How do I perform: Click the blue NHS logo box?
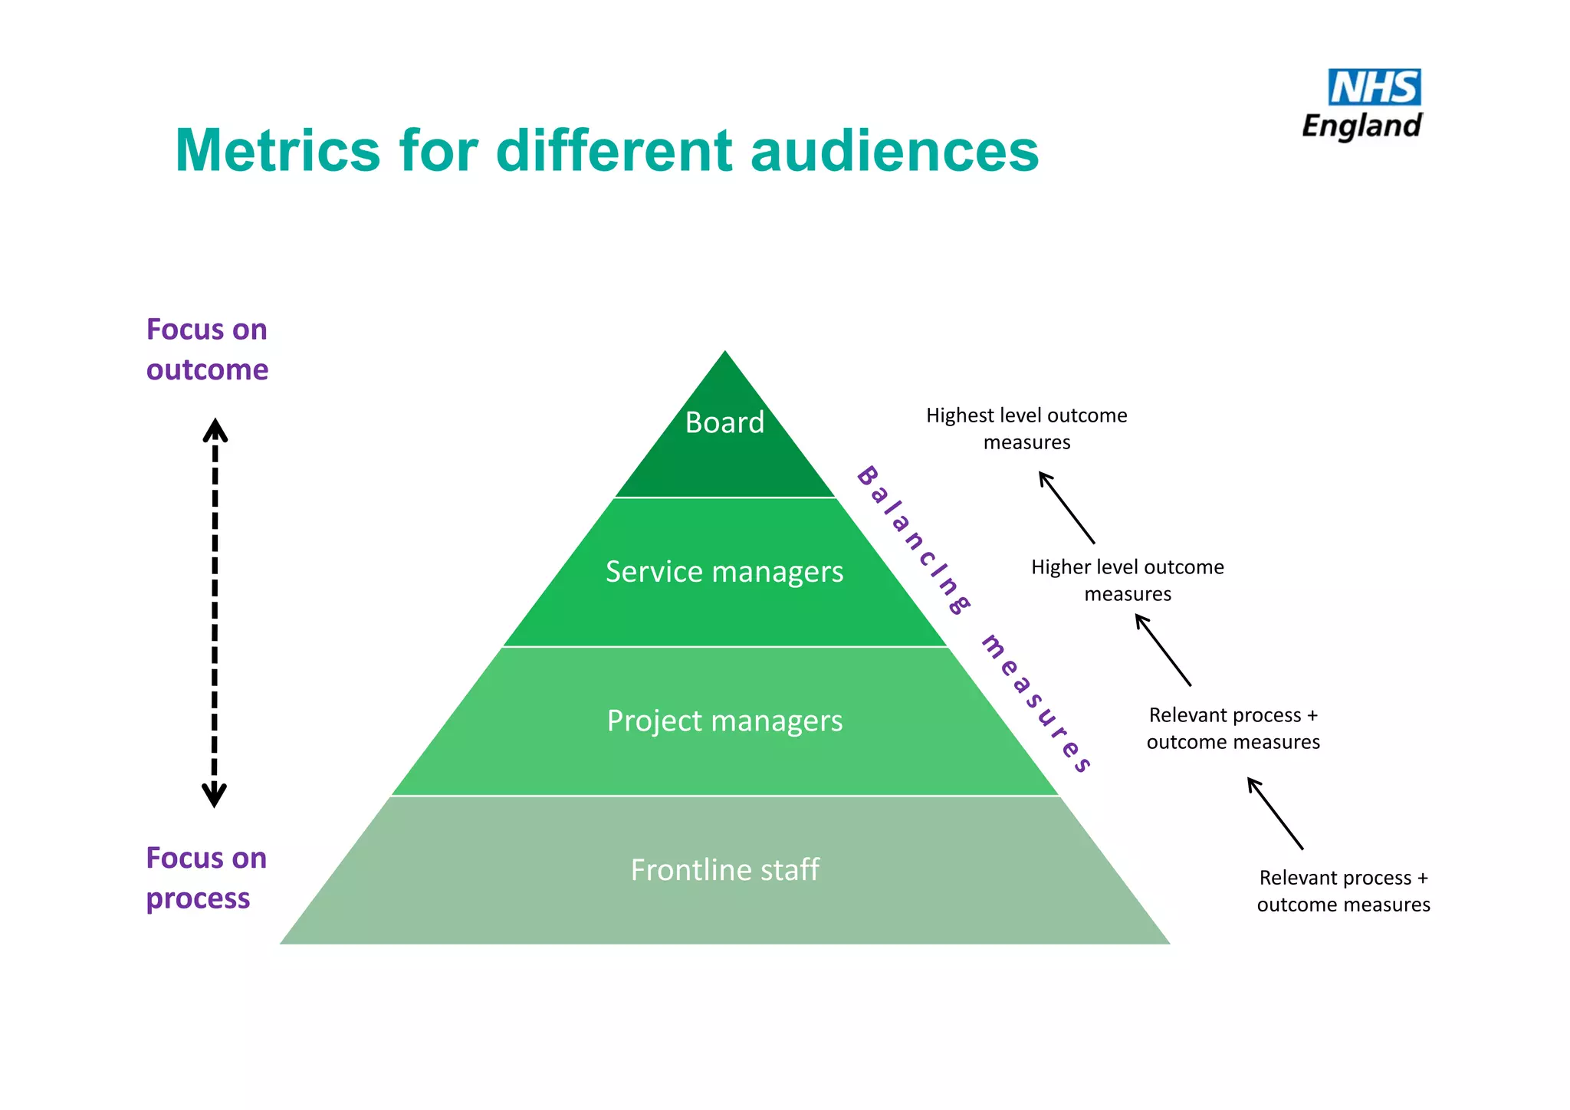pyautogui.click(x=1374, y=87)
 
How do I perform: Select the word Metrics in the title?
pyautogui.click(x=277, y=150)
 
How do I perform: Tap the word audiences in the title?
pyautogui.click(x=894, y=150)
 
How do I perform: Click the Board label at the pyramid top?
pyautogui.click(x=724, y=422)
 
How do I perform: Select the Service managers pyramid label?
pyautogui.click(x=724, y=572)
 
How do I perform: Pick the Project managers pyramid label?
pyautogui.click(x=724, y=721)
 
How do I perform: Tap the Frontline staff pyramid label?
pyautogui.click(x=724, y=870)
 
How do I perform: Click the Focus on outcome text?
pyautogui.click(x=207, y=350)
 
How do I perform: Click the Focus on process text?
pyautogui.click(x=205, y=878)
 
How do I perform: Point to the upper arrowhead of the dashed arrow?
pyautogui.click(x=215, y=429)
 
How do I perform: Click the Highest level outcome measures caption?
pyautogui.click(x=1026, y=429)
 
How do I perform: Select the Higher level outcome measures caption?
pyautogui.click(x=1127, y=580)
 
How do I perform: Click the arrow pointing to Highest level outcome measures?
pyautogui.click(x=1066, y=507)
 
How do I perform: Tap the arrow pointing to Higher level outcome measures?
pyautogui.click(x=1163, y=650)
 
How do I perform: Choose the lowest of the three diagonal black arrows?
pyautogui.click(x=1275, y=813)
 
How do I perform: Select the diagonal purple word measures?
pyautogui.click(x=1036, y=703)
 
